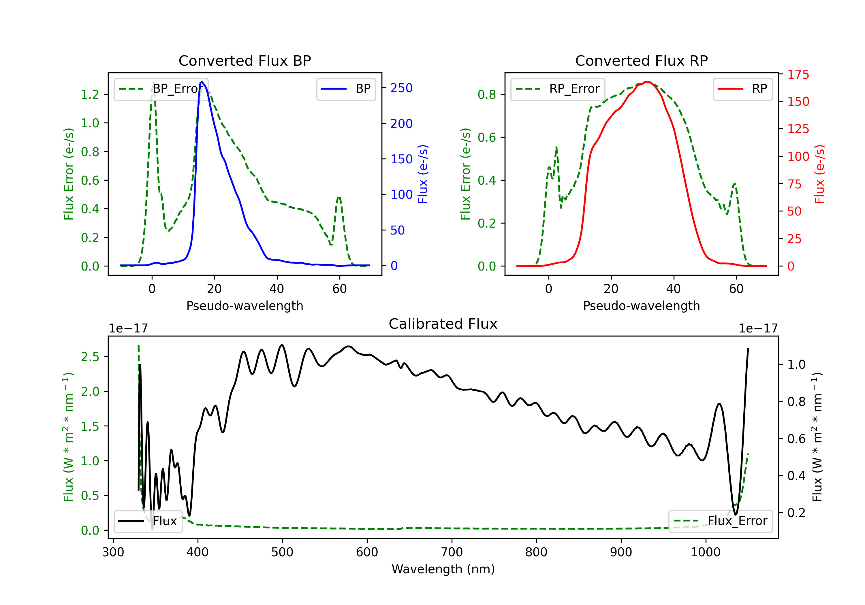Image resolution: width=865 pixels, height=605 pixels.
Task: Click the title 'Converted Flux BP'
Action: point(245,60)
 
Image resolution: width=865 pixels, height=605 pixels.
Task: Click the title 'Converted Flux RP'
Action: point(641,60)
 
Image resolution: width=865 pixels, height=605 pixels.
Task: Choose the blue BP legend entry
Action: point(346,89)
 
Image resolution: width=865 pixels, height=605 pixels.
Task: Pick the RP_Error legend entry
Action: point(558,89)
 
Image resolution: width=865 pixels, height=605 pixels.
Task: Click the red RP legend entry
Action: point(742,89)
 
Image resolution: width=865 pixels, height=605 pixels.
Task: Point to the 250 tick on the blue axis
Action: point(401,88)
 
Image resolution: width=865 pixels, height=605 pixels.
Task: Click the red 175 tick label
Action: point(798,75)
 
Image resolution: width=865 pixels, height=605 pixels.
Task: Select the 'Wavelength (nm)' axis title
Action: point(443,569)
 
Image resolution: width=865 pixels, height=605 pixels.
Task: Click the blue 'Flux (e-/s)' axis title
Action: point(423,174)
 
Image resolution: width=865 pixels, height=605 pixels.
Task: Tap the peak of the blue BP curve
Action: point(202,82)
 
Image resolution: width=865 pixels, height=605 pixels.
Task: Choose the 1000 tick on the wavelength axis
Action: point(705,552)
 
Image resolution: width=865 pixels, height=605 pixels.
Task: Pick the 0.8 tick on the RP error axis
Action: point(487,94)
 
